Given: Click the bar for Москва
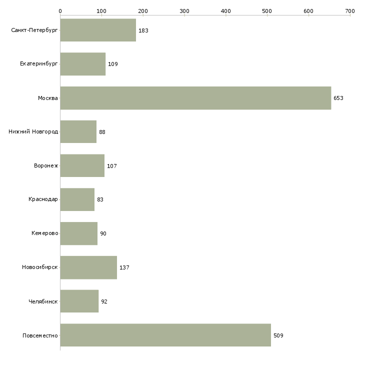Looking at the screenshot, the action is pos(196,98).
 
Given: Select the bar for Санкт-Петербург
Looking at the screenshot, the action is pos(98,30).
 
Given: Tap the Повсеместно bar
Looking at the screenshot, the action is pos(165,335).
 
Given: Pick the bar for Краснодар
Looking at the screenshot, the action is pos(77,199).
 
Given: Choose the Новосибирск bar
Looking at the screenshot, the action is pos(88,267).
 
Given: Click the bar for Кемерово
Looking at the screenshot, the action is pos(79,233).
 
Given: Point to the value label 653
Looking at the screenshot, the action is pos(338,98).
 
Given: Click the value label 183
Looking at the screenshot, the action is pos(143,30).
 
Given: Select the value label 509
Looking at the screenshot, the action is pos(278,335).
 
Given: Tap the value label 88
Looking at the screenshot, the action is pos(102,132).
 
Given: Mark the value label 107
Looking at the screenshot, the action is pos(112,166).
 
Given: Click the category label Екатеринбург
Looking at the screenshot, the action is pos(38,64).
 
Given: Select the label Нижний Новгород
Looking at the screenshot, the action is pos(33,131).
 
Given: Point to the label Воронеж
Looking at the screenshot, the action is pos(46,165).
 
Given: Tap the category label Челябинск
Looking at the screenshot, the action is pos(43,301).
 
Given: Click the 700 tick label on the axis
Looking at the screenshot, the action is pos(350,11).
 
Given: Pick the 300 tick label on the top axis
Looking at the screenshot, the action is pos(184,11).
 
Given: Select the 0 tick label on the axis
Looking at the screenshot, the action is pos(60,11).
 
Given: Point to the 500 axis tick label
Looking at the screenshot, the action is pos(267,11).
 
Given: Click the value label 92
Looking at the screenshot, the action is pos(104,301).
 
